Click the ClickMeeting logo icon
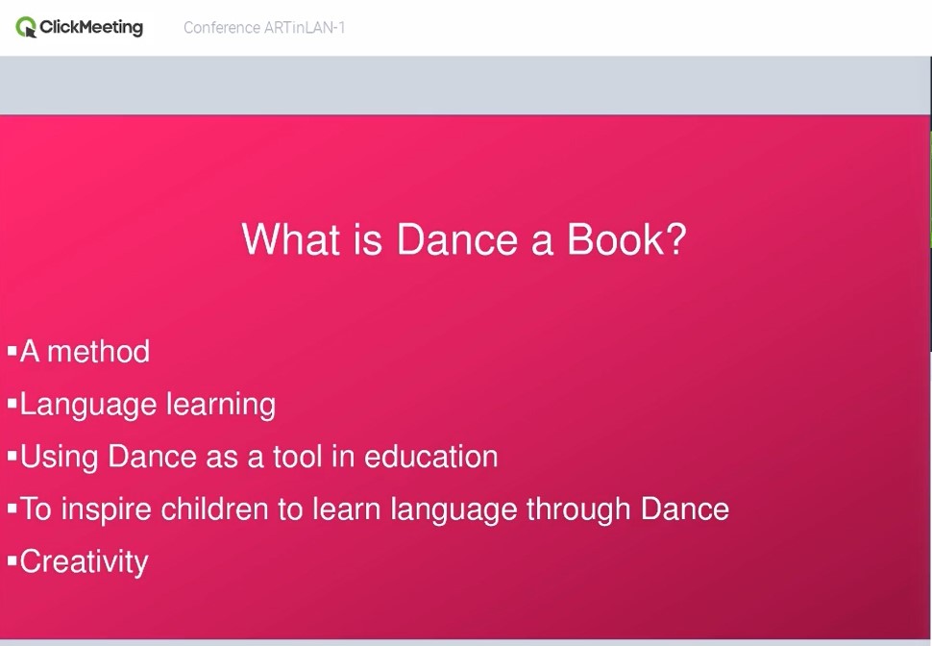click(x=26, y=27)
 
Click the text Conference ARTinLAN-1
click(x=264, y=28)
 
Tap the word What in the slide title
click(x=291, y=239)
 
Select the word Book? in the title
click(x=626, y=239)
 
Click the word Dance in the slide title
click(x=457, y=239)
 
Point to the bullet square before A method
click(x=12, y=351)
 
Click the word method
click(x=99, y=351)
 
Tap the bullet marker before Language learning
click(x=12, y=404)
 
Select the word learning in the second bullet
click(x=221, y=405)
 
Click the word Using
click(x=59, y=458)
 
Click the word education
click(x=431, y=457)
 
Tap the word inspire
click(x=107, y=509)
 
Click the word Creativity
click(x=84, y=562)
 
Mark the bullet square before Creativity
click(x=12, y=560)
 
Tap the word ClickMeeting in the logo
click(x=91, y=27)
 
